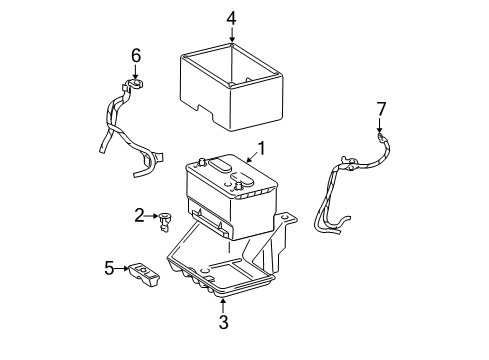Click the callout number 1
[x=261, y=149]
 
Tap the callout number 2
[x=141, y=214]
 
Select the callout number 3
[x=223, y=322]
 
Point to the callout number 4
[x=231, y=18]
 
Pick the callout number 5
[x=109, y=267]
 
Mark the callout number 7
[x=380, y=107]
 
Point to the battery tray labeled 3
[x=225, y=270]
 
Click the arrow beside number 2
[x=152, y=214]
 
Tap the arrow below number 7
[x=380, y=124]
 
